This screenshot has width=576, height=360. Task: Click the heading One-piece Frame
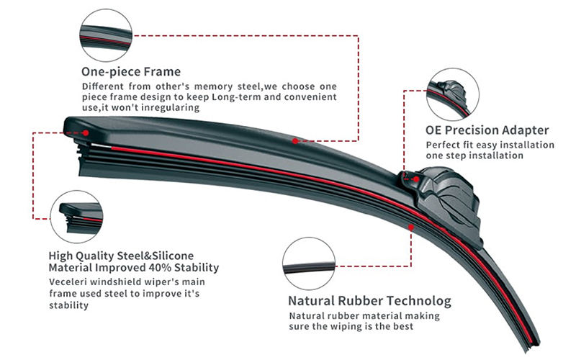(x=131, y=72)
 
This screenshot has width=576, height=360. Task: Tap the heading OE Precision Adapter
(x=487, y=130)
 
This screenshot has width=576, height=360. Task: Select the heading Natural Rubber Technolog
(x=369, y=301)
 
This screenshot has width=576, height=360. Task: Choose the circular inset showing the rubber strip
(x=309, y=264)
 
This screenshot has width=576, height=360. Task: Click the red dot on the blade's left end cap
(x=86, y=132)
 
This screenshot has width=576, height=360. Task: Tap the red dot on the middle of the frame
(x=295, y=141)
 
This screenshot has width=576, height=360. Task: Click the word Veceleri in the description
(x=70, y=281)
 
